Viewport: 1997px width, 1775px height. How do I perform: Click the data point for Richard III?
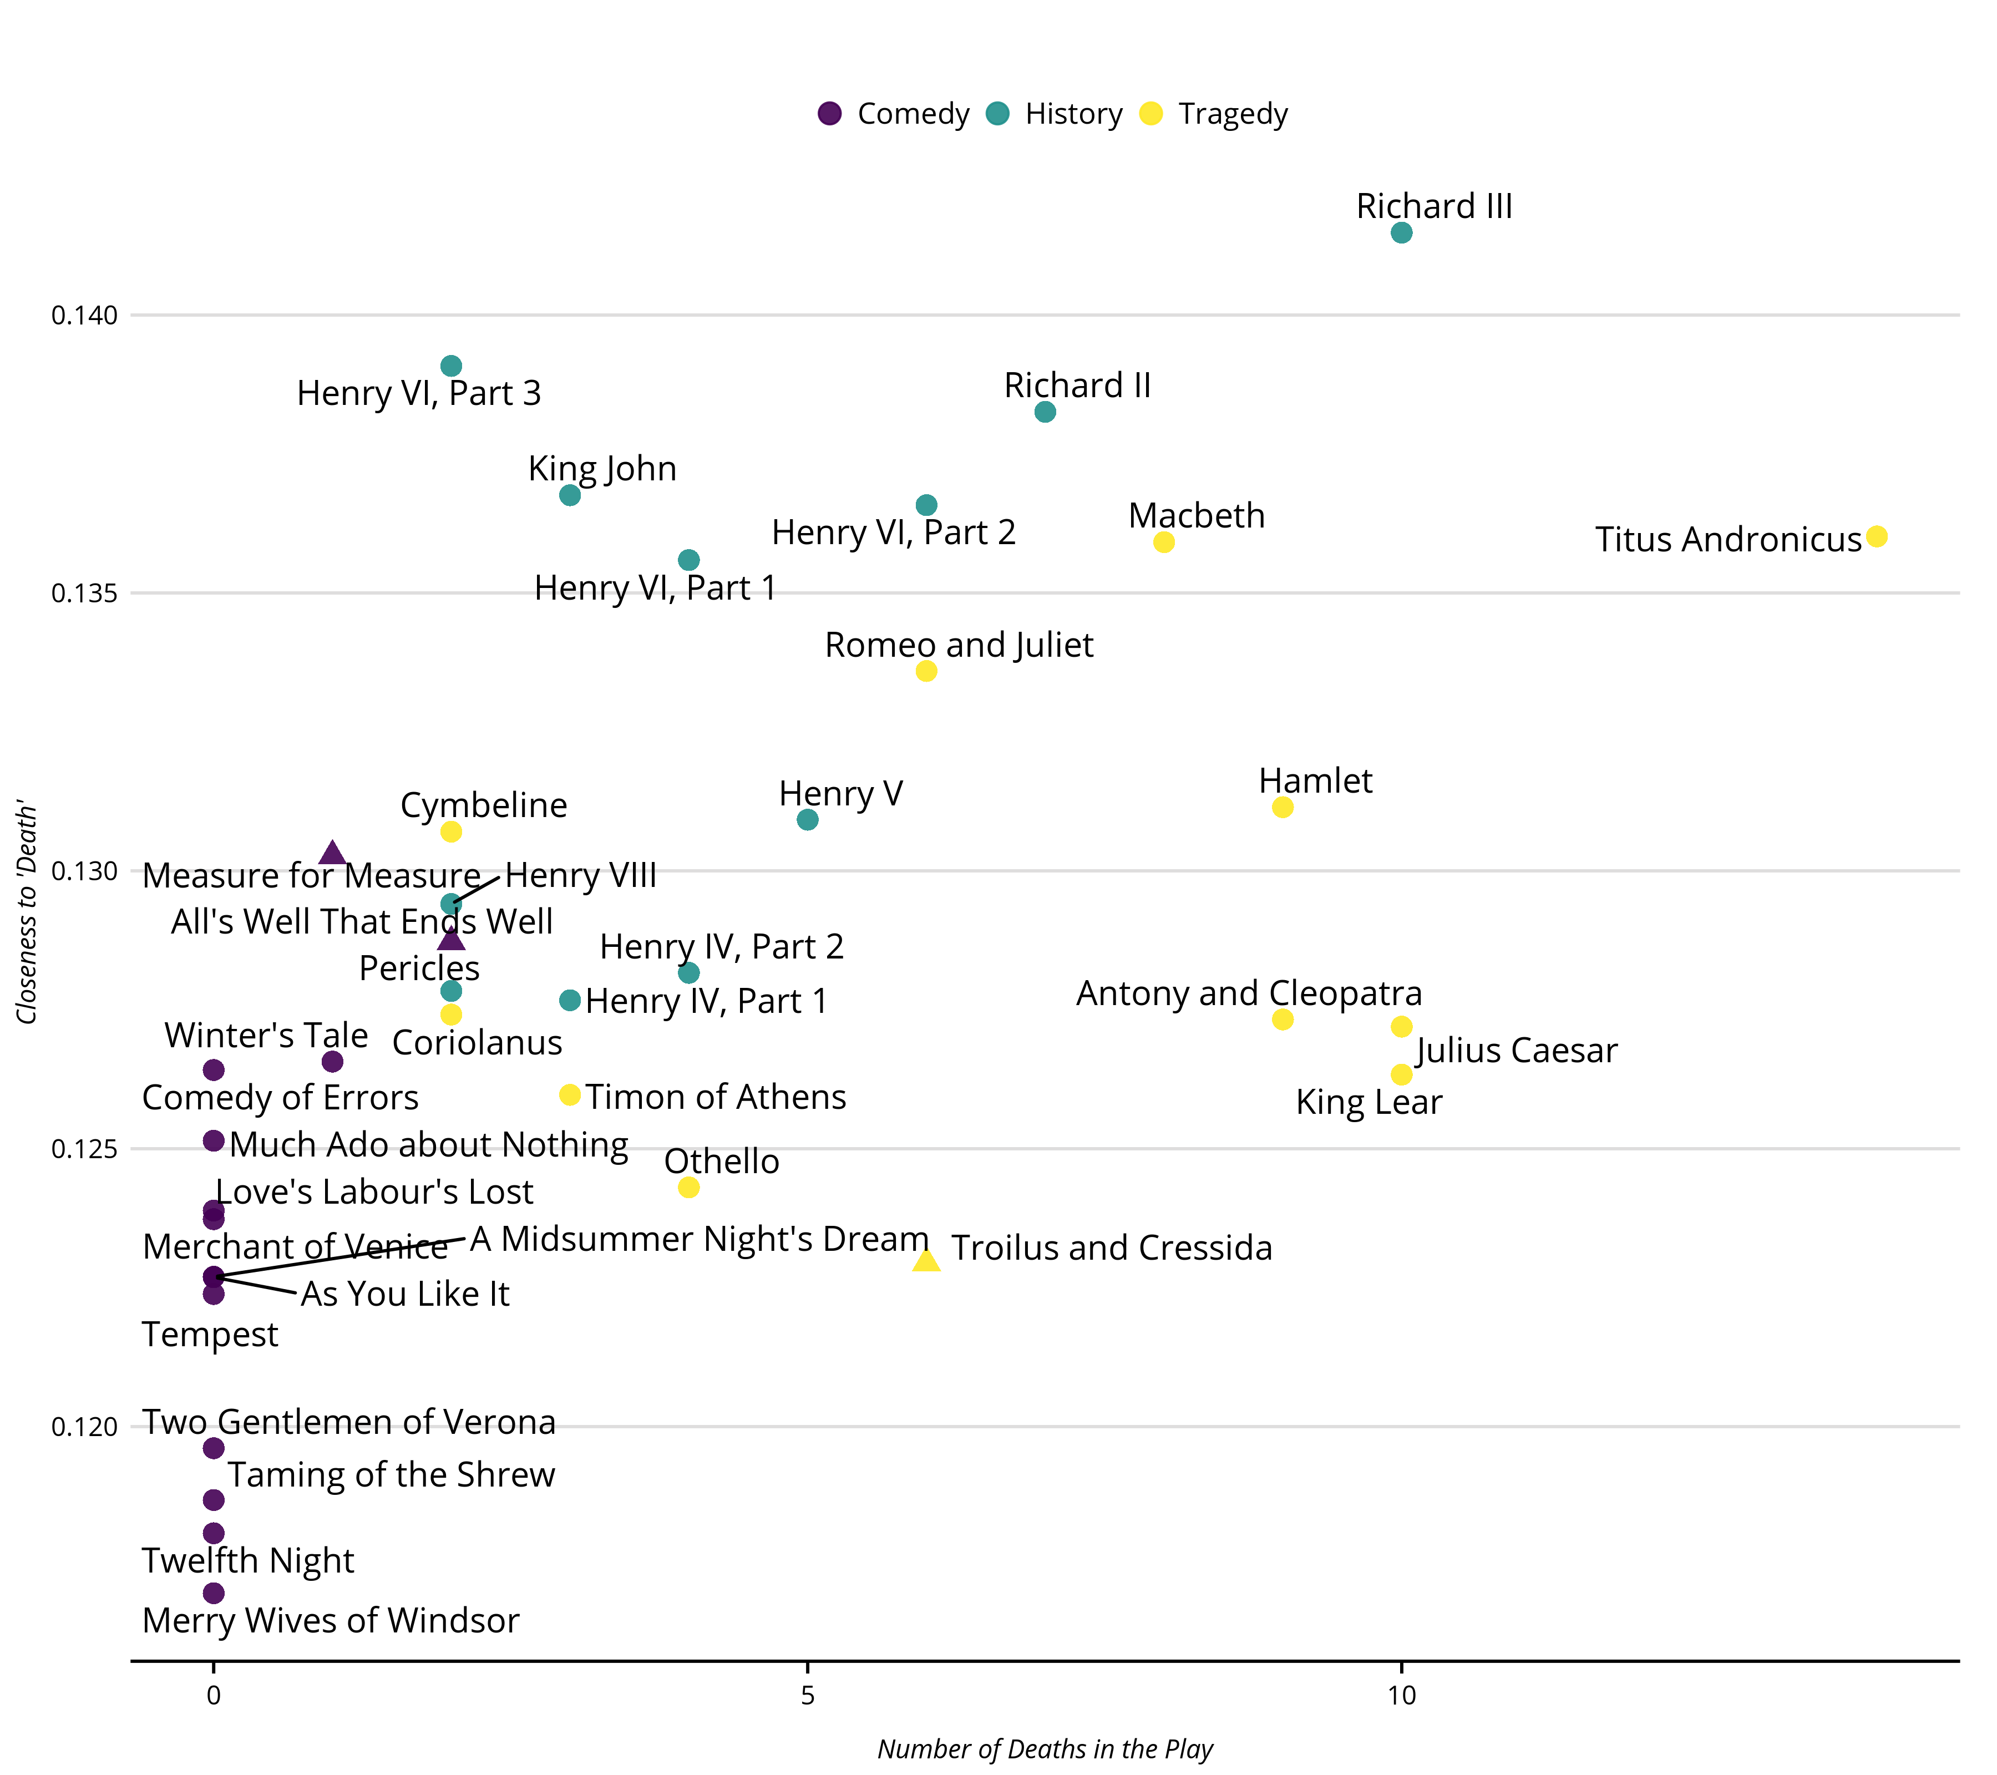click(x=1401, y=232)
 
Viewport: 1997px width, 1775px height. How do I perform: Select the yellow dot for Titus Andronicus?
click(x=1876, y=536)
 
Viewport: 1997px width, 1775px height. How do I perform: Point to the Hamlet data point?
click(x=1283, y=807)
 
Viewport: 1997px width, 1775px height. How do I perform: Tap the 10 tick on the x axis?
click(x=1401, y=1696)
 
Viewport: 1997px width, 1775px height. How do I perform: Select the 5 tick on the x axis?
click(x=807, y=1696)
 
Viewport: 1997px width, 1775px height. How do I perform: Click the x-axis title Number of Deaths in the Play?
click(x=1045, y=1748)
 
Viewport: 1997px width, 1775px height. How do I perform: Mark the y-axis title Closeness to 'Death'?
click(x=27, y=912)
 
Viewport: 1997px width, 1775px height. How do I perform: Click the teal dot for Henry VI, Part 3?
click(x=450, y=366)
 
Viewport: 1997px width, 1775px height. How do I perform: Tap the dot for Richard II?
click(x=1045, y=412)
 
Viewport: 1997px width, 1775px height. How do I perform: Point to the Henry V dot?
click(x=807, y=820)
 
